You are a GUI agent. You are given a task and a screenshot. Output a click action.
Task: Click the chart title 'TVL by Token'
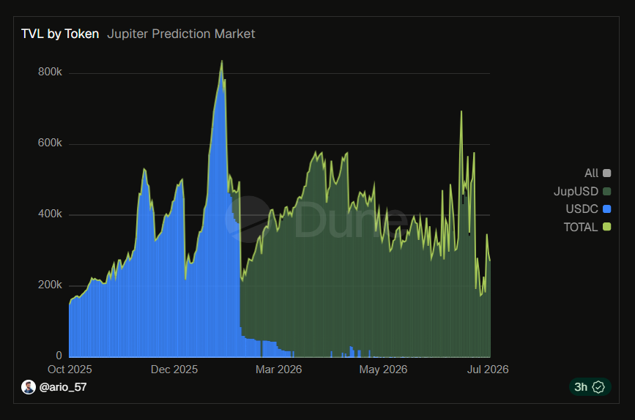click(60, 34)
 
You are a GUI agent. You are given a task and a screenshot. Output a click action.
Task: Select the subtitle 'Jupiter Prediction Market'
click(181, 34)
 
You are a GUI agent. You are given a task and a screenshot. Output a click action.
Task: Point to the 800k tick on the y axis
click(50, 72)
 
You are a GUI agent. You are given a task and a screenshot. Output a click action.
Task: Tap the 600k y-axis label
click(50, 143)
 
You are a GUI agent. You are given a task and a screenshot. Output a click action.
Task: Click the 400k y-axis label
click(50, 214)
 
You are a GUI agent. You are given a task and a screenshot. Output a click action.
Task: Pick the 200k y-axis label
click(50, 285)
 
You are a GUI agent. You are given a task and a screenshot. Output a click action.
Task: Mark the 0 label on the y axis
click(59, 356)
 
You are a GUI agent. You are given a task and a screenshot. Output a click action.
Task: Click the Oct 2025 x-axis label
click(70, 370)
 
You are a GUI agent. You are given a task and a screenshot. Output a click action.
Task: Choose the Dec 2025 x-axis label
click(174, 370)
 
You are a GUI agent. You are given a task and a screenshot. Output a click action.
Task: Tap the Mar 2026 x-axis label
click(278, 370)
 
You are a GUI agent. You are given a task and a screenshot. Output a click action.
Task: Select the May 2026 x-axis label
click(383, 370)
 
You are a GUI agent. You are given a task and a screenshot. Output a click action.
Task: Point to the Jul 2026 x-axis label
click(488, 370)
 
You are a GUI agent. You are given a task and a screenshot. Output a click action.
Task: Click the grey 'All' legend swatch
click(606, 173)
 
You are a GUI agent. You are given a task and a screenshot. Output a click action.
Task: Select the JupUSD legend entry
click(582, 192)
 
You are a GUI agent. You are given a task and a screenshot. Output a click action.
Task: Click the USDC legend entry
click(588, 209)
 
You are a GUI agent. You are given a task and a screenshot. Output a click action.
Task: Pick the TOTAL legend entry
click(587, 227)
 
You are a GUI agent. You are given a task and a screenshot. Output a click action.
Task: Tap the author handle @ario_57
click(63, 387)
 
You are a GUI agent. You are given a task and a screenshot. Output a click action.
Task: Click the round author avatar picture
click(29, 387)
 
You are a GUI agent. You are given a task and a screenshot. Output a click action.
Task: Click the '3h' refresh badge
click(590, 387)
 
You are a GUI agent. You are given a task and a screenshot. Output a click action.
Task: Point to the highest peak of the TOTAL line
click(221, 61)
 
